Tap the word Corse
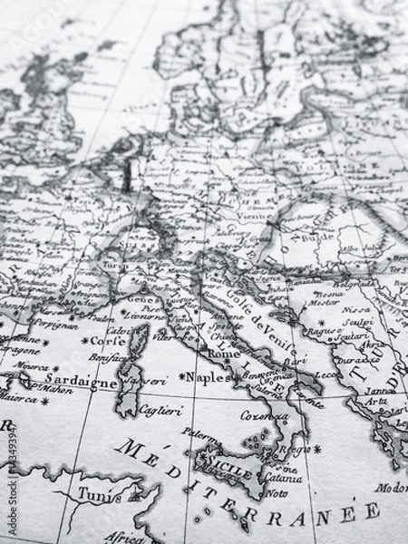click(109, 342)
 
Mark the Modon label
click(392, 487)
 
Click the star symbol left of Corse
click(84, 341)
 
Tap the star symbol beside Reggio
click(316, 448)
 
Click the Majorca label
click(13, 396)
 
